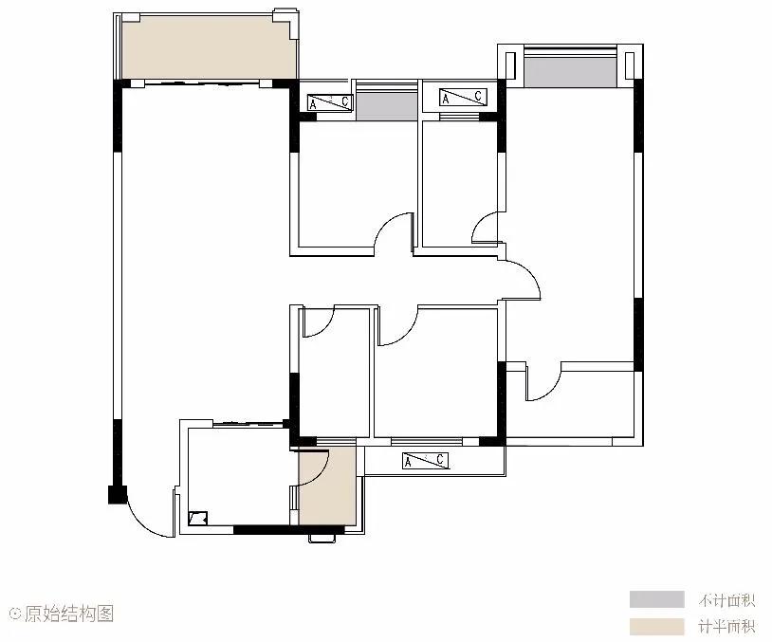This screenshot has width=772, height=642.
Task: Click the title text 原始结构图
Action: coord(69,614)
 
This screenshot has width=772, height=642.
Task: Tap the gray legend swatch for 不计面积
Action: coord(657,599)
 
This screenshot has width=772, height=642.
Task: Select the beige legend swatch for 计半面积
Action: coord(657,627)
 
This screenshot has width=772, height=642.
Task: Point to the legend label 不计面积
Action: coord(726,600)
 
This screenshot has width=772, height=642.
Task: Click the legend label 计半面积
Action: coord(726,627)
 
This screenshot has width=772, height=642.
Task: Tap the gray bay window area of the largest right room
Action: coord(570,72)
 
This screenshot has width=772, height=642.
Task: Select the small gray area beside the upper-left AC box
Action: coord(387,106)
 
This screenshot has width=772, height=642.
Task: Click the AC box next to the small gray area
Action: coord(330,102)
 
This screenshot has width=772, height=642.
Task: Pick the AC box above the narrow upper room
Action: coord(463,97)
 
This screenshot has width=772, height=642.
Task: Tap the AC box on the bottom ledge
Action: coord(426,461)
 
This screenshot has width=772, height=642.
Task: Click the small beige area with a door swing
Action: coord(327,486)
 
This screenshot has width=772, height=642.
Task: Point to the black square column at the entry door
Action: coord(118,494)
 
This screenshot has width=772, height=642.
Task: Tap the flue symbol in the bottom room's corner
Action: coord(198,519)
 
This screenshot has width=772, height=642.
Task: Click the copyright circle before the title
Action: coord(15,614)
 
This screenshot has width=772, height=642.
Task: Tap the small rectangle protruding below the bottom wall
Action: coord(322,538)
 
